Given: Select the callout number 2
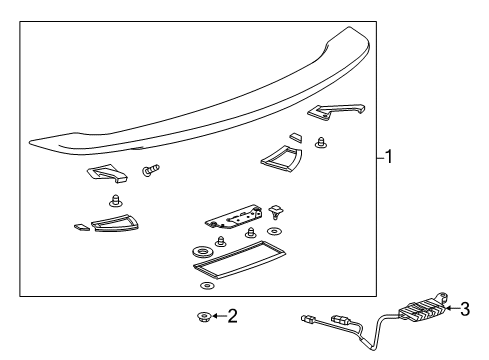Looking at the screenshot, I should click(232, 317).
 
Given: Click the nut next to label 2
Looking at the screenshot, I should click(204, 318).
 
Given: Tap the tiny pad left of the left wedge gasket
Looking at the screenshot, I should click(82, 226).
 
